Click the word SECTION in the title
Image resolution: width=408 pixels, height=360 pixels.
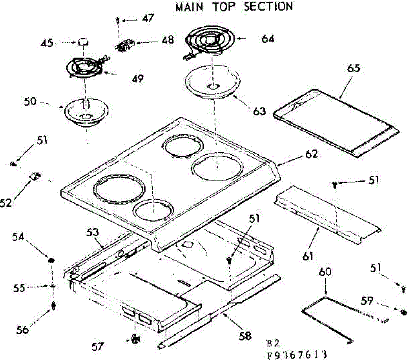pyautogui.click(x=269, y=6)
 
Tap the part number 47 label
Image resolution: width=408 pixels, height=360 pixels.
pyautogui.click(x=148, y=18)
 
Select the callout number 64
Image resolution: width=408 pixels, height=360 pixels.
pyautogui.click(x=268, y=39)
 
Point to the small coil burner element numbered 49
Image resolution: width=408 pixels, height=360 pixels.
pyautogui.click(x=86, y=66)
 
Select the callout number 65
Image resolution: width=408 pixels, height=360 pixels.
pyautogui.click(x=354, y=68)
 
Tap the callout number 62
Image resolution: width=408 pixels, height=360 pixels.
pyautogui.click(x=311, y=154)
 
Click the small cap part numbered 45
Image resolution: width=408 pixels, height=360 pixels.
pyautogui.click(x=83, y=42)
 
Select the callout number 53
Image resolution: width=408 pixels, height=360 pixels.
pyautogui.click(x=92, y=232)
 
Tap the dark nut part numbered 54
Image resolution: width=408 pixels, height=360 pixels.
pyautogui.click(x=51, y=260)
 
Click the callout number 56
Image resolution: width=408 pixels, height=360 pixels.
pyautogui.click(x=22, y=330)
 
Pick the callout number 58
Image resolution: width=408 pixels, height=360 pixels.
pyautogui.click(x=245, y=336)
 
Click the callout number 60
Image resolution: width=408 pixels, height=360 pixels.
pyautogui.click(x=325, y=272)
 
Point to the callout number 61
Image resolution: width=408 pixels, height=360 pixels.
pyautogui.click(x=308, y=257)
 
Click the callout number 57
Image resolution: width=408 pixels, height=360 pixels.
pyautogui.click(x=98, y=347)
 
